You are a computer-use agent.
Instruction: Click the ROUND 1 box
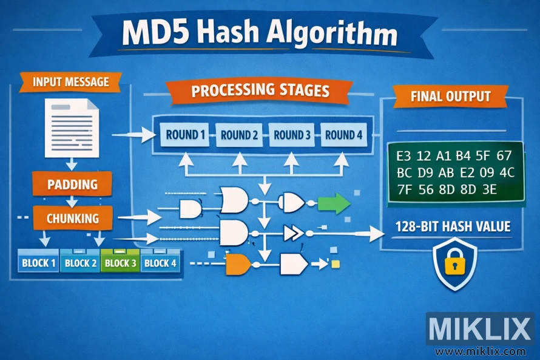coord(185,135)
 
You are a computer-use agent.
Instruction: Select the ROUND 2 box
coord(239,135)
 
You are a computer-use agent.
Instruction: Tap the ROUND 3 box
coord(291,135)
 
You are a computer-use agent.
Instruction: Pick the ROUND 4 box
coord(343,135)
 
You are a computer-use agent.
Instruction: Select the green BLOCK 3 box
coord(120,263)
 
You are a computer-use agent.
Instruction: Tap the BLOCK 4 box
coord(160,263)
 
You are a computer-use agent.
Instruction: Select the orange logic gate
coord(238,263)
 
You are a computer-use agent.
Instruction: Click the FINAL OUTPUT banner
coord(450,96)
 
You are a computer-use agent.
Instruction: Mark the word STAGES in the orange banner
coord(300,91)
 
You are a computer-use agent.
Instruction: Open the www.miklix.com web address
coord(480,351)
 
